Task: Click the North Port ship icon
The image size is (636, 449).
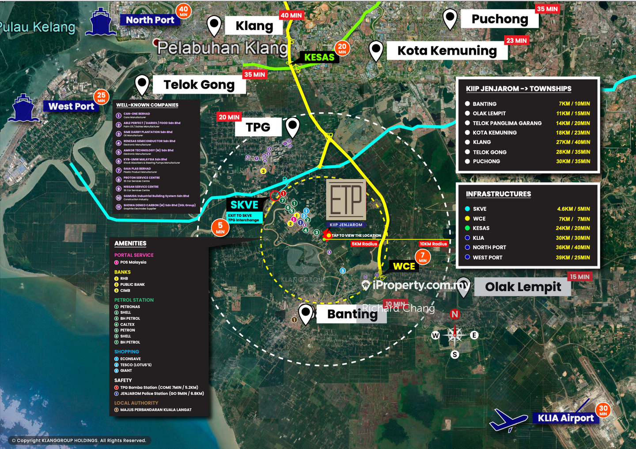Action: (101, 22)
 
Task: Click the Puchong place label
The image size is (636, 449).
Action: (500, 19)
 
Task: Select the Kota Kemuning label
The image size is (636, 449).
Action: (447, 51)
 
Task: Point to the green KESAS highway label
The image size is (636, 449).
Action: (319, 57)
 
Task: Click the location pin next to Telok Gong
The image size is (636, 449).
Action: (142, 84)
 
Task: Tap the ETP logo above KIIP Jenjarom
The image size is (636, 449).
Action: (346, 199)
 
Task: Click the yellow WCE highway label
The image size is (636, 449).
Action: (404, 266)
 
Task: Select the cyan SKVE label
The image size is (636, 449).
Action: (244, 205)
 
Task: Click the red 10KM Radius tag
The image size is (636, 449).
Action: (433, 243)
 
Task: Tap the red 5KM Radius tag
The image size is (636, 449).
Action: (364, 243)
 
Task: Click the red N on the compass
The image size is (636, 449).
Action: (454, 314)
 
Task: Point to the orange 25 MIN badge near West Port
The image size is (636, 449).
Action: (101, 97)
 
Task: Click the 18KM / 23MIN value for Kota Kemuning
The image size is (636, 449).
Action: (572, 132)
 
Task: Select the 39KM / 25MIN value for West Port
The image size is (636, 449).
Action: (572, 257)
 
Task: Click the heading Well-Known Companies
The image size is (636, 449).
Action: (147, 105)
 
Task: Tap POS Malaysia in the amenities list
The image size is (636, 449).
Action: (133, 262)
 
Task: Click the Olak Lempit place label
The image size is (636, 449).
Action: (522, 287)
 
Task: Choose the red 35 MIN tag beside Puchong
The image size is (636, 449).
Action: (547, 9)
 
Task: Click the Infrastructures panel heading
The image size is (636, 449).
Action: (498, 194)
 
